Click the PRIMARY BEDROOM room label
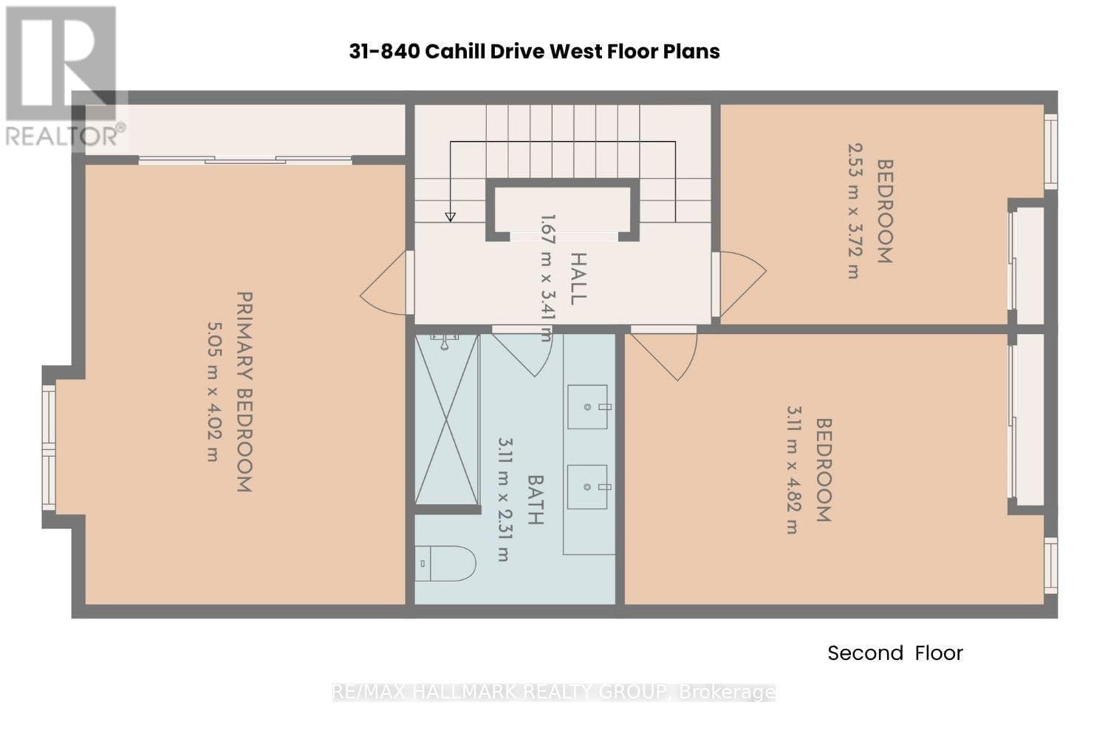coord(244,392)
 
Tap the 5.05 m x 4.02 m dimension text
coord(213,392)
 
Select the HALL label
coord(578,279)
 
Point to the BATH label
coord(536,500)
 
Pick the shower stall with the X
coord(447,420)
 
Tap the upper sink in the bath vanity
coord(587,407)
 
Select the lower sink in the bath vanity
coord(587,487)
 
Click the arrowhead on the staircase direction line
coord(450,217)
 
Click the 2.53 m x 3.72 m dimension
coord(855,211)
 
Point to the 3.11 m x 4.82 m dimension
coord(794,470)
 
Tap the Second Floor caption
coord(895,653)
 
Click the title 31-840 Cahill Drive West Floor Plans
coord(534,52)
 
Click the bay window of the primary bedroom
coord(49,448)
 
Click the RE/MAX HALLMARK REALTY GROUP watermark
coord(553,692)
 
